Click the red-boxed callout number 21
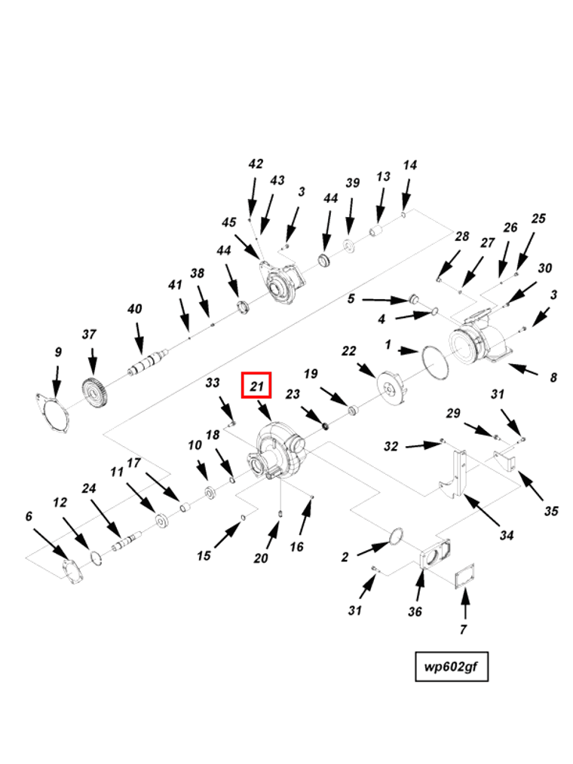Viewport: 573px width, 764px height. (257, 387)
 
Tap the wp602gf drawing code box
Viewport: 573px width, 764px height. (452, 666)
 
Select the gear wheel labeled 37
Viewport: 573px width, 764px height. (95, 393)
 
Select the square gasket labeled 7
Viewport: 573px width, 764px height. (464, 578)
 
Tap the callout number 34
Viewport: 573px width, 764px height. (507, 536)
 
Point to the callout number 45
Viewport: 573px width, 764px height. (229, 222)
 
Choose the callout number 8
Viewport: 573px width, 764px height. (553, 377)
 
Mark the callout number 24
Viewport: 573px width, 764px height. (89, 489)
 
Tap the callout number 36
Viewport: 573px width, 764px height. (415, 611)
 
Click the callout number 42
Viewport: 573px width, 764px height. (256, 164)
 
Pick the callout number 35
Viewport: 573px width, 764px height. (551, 511)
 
